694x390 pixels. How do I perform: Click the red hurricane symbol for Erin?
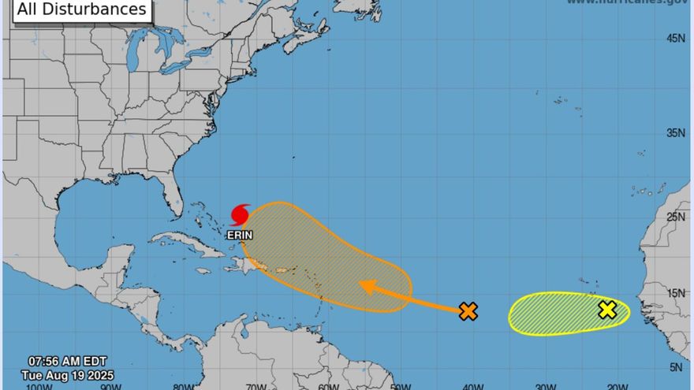(241, 215)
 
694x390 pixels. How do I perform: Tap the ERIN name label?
(240, 235)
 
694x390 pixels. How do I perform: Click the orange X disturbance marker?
(468, 311)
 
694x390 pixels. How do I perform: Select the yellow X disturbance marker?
(606, 310)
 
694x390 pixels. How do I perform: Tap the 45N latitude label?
(676, 38)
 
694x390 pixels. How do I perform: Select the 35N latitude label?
(676, 133)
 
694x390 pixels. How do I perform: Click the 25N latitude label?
(676, 217)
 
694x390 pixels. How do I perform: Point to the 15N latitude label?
(676, 294)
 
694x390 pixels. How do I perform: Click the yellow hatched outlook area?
(552, 314)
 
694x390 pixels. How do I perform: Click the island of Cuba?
(185, 241)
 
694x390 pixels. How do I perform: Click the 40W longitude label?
(472, 386)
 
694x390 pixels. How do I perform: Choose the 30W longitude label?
(545, 386)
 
